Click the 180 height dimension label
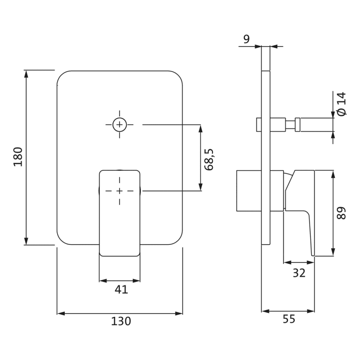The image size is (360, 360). pos(18,156)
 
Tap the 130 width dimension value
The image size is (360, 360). pos(121,321)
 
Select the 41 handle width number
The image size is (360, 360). pos(121,290)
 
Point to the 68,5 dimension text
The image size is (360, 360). pos(209,159)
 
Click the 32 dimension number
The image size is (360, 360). pos(299,273)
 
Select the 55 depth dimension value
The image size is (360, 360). pos(289,319)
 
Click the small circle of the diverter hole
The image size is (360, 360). pos(120,124)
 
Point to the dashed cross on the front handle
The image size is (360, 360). pos(120,191)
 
